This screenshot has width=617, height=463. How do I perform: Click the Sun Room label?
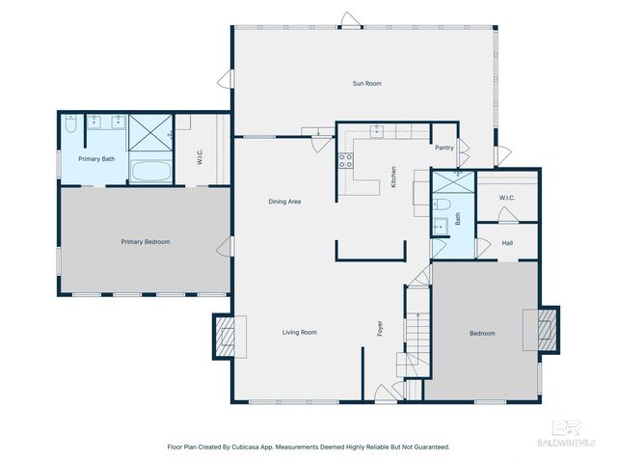pos(366,84)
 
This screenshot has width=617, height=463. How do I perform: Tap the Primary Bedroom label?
pos(146,242)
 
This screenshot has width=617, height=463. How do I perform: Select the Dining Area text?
pos(284,202)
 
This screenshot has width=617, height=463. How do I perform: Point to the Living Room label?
pos(300,332)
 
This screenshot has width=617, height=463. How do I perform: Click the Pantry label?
pos(444,148)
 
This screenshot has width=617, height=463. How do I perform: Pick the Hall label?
pos(507,243)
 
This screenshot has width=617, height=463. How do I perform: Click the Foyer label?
pos(380,328)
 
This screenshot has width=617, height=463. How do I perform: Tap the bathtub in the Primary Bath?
pos(151,172)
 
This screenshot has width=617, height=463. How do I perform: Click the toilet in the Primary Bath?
pos(70,123)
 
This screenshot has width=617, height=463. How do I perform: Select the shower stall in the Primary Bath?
pos(150,133)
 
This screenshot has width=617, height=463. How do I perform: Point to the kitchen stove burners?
pos(346,161)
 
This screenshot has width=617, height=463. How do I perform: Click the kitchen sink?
pos(377,130)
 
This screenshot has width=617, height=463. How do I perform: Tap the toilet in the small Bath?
pos(442,204)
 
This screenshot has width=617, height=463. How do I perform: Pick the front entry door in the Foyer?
pos(386,393)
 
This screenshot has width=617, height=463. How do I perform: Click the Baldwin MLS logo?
pos(567,434)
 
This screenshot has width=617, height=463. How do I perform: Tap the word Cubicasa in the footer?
pos(246,447)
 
